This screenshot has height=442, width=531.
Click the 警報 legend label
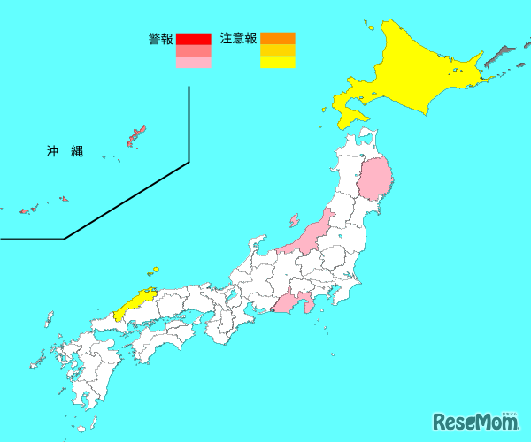tap(161, 39)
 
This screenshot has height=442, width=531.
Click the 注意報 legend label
tap(238, 39)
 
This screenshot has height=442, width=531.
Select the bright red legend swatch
tap(194, 39)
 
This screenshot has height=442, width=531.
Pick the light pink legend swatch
tap(194, 63)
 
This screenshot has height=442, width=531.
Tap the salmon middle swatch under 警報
tap(194, 50)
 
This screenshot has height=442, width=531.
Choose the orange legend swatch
tap(277, 39)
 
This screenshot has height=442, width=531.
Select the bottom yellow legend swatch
tap(277, 63)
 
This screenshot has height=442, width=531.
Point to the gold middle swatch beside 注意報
tap(277, 50)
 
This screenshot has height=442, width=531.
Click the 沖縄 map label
tap(65, 151)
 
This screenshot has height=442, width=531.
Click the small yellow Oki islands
tap(156, 270)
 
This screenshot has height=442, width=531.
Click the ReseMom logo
tap(475, 421)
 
